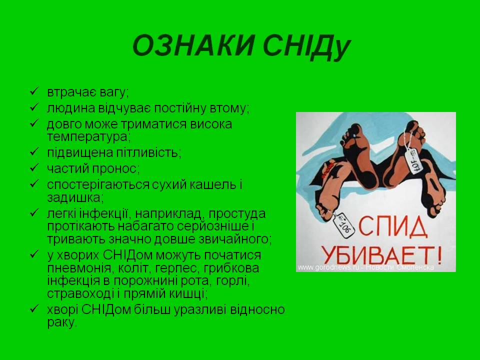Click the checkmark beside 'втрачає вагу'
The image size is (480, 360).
pyautogui.click(x=34, y=92)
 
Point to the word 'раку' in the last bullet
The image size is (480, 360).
pyautogui.click(x=62, y=322)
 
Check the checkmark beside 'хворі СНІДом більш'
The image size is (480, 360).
pyautogui.click(x=34, y=309)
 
